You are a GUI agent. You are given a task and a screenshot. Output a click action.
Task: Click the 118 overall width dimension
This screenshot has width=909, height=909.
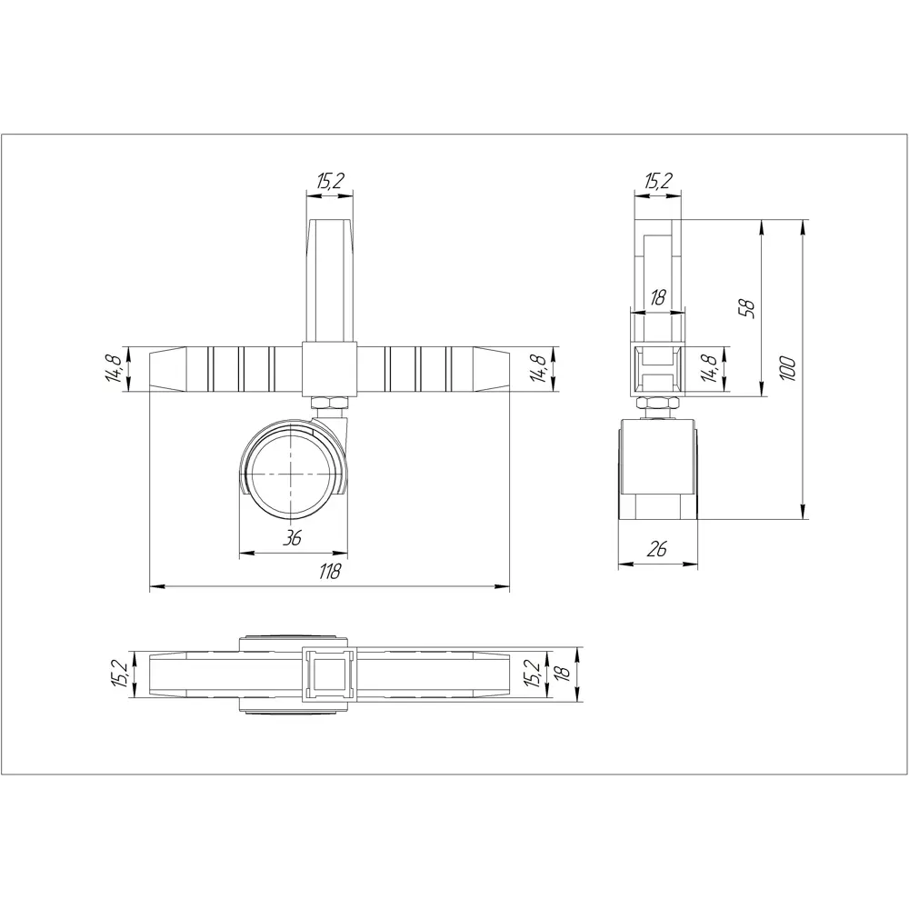coord(329,572)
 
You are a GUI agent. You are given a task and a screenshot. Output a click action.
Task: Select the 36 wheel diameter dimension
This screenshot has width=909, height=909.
coord(292,538)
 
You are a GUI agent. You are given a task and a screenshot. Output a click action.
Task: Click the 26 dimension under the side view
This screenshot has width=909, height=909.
coord(658,549)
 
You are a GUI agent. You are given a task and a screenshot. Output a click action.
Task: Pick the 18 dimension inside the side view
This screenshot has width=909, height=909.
coord(658,296)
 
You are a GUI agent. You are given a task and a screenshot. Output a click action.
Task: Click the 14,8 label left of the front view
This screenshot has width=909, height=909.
coord(115,368)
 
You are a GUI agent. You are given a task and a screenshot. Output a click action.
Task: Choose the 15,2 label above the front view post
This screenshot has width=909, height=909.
coord(329,182)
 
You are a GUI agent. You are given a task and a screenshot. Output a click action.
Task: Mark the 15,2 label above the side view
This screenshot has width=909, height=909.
coord(657,182)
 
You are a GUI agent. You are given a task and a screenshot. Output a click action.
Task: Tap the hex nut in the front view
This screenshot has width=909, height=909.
coord(328,402)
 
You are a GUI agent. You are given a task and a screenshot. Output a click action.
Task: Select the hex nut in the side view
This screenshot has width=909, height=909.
coord(657,405)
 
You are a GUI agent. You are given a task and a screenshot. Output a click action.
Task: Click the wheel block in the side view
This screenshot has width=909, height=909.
coord(658,468)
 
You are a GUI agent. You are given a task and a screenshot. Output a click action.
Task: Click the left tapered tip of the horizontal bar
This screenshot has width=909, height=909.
coord(167,368)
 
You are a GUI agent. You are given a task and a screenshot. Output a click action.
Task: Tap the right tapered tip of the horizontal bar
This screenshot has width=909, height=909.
coord(489,368)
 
